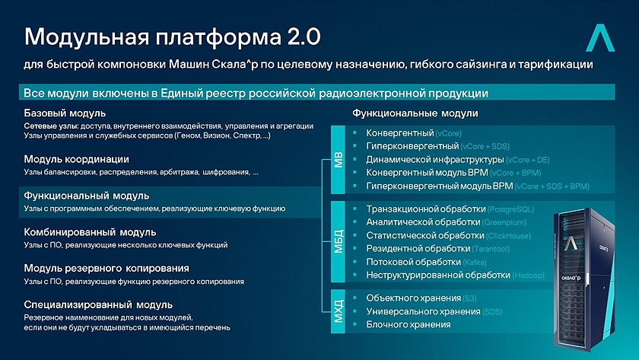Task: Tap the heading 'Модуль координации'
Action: coord(76,159)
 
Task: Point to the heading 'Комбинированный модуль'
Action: coord(90,231)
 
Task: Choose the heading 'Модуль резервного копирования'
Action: coord(106,268)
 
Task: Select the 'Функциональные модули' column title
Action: coord(415,113)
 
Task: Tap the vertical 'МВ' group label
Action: coord(339,161)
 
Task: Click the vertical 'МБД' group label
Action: coord(339,241)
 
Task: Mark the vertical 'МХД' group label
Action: coord(339,311)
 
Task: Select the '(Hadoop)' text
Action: coord(530,275)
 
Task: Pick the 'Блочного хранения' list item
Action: coord(408,324)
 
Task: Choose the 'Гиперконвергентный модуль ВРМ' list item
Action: coord(439,186)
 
